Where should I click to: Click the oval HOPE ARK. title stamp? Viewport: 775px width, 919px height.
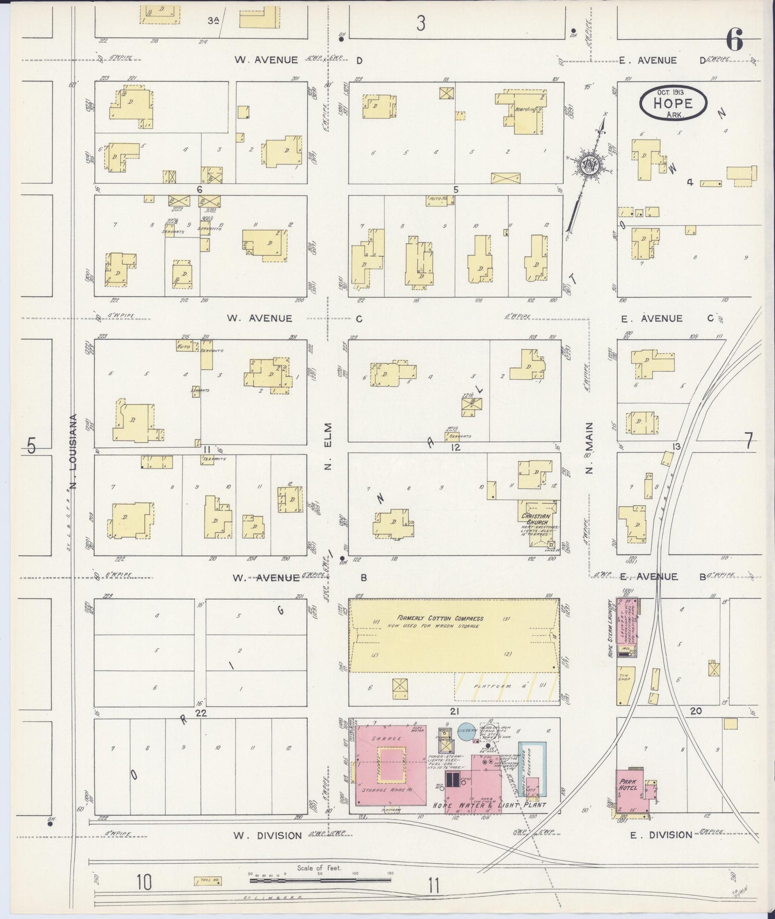tap(672, 103)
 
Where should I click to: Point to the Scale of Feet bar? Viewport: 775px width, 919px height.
tap(320, 879)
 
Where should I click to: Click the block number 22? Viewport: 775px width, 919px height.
tap(201, 713)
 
